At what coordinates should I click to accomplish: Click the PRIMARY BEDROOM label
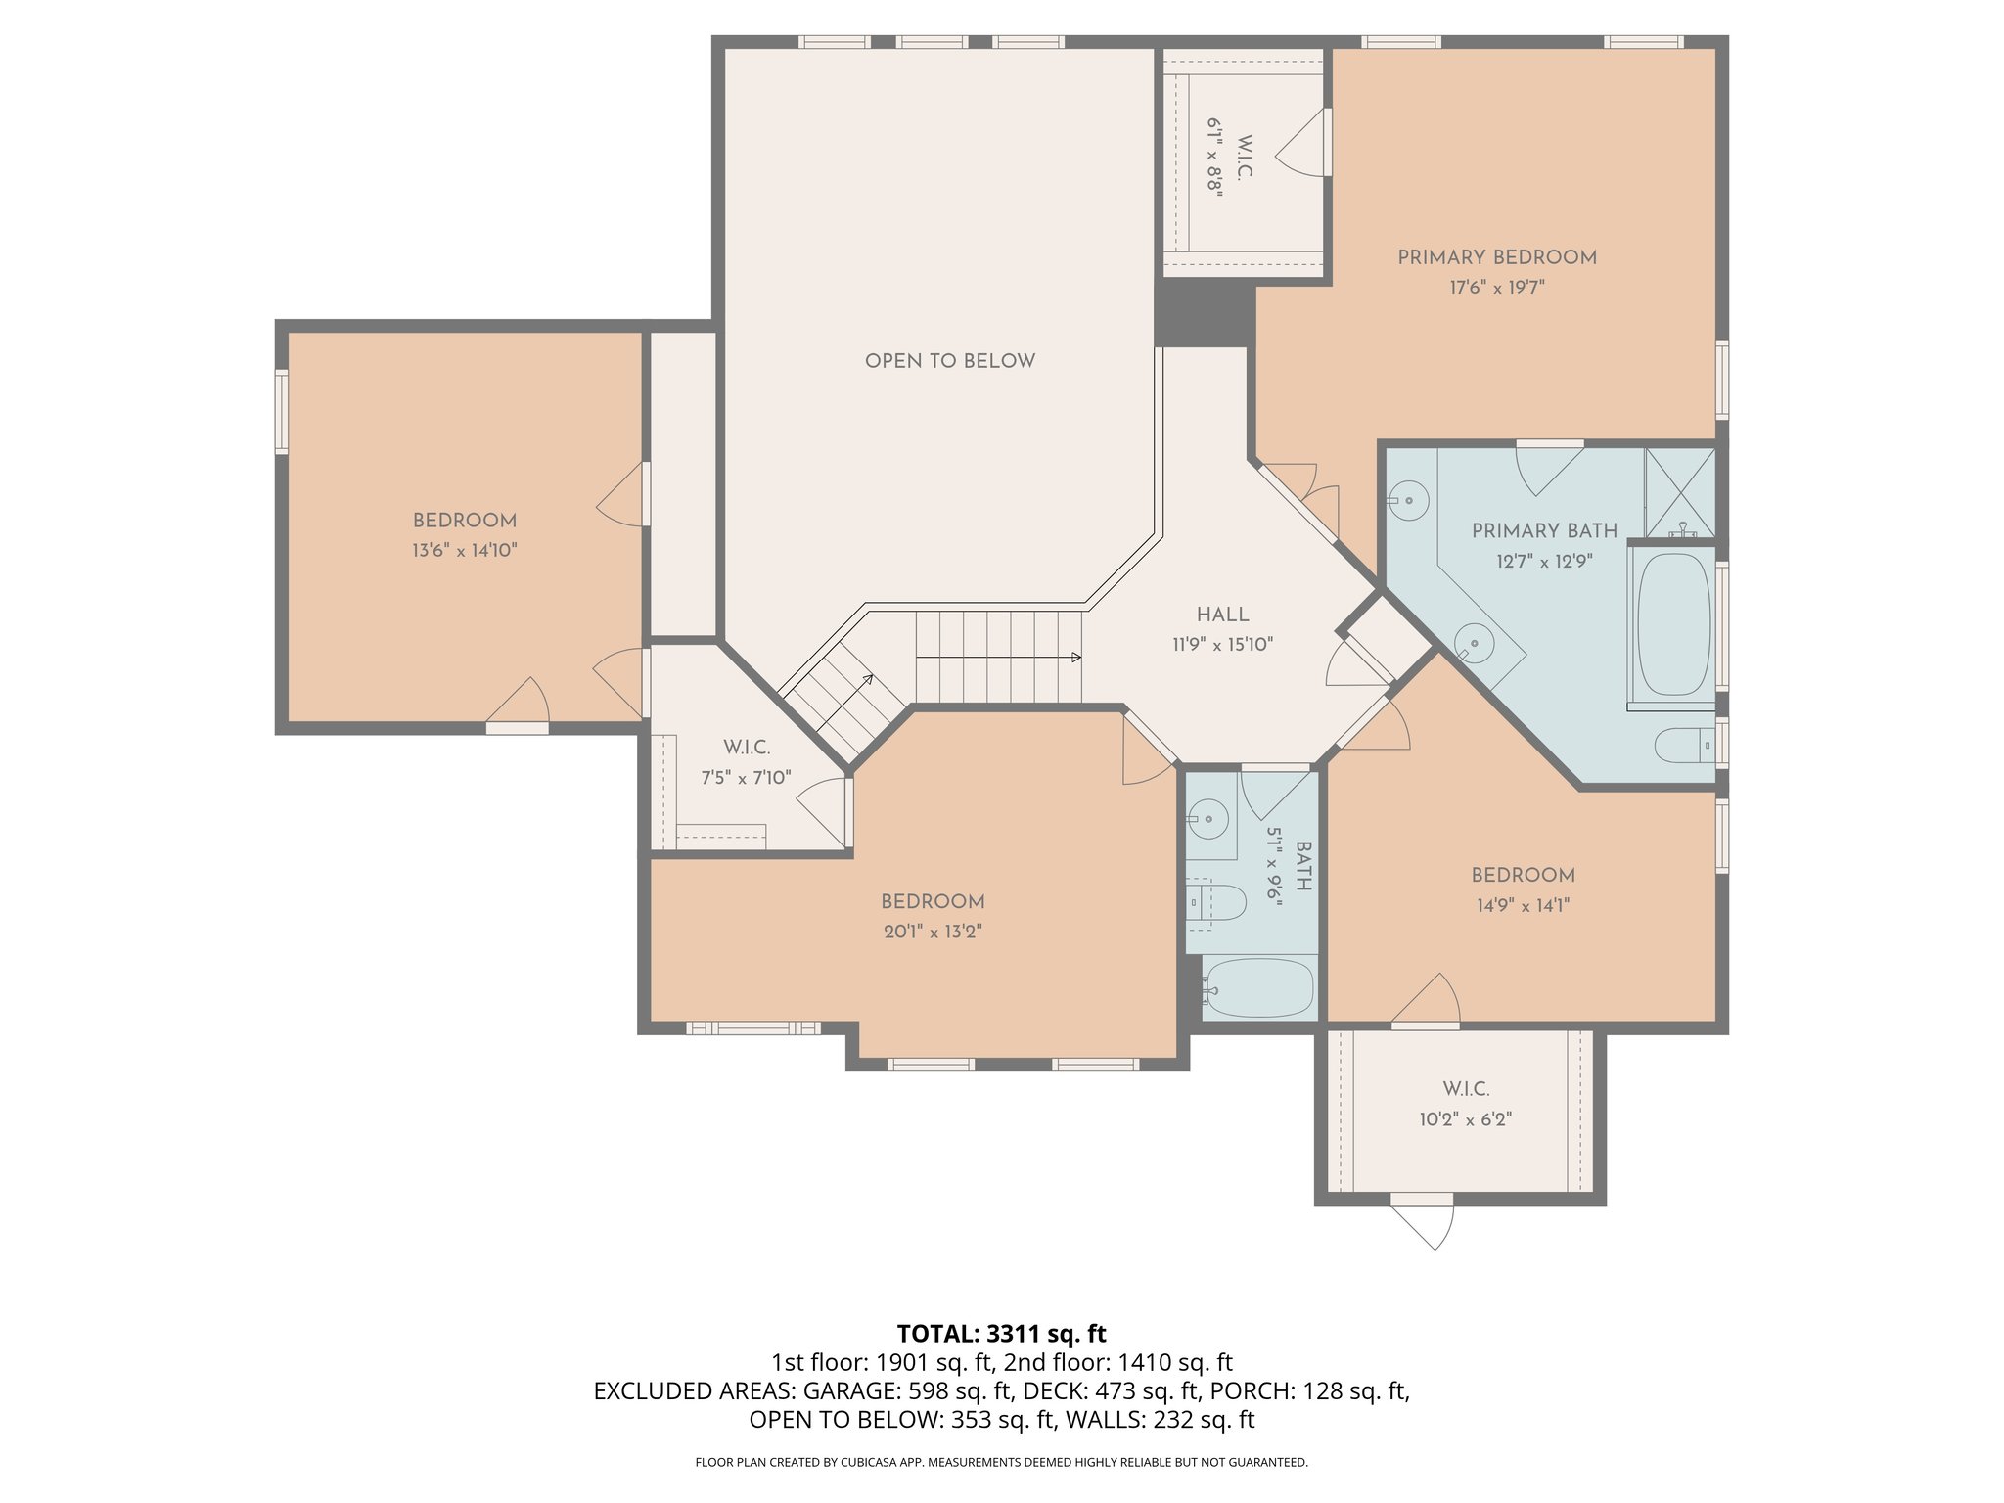point(1496,257)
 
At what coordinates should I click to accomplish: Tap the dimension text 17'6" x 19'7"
point(1496,288)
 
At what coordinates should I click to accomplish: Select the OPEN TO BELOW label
point(949,361)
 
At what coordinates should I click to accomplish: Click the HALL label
point(1222,615)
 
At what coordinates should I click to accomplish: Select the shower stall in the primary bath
point(1680,491)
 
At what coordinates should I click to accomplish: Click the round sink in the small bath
point(1209,818)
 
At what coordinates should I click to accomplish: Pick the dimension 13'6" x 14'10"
point(464,551)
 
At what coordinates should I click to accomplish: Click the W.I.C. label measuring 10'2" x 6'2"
point(1465,1089)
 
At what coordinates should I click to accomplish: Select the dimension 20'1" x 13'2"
point(932,932)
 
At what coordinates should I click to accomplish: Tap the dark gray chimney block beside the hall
point(1204,315)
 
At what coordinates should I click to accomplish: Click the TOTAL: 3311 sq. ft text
point(1001,1333)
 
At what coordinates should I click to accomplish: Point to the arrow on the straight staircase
point(1074,658)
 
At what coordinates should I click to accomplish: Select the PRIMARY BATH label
point(1544,530)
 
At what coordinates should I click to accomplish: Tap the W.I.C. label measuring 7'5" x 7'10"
point(747,748)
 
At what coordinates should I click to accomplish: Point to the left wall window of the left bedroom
point(282,411)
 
